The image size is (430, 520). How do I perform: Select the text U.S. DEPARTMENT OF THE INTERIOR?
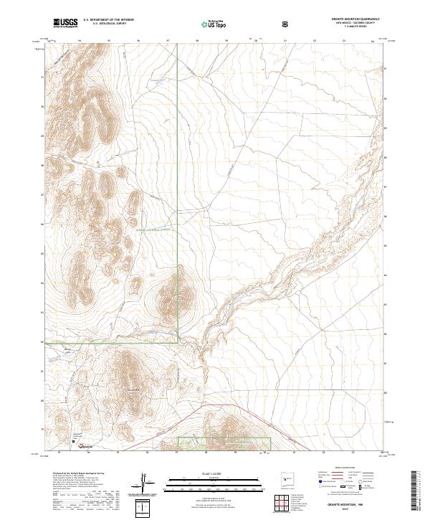[107, 20]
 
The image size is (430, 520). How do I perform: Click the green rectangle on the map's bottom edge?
[224, 445]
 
